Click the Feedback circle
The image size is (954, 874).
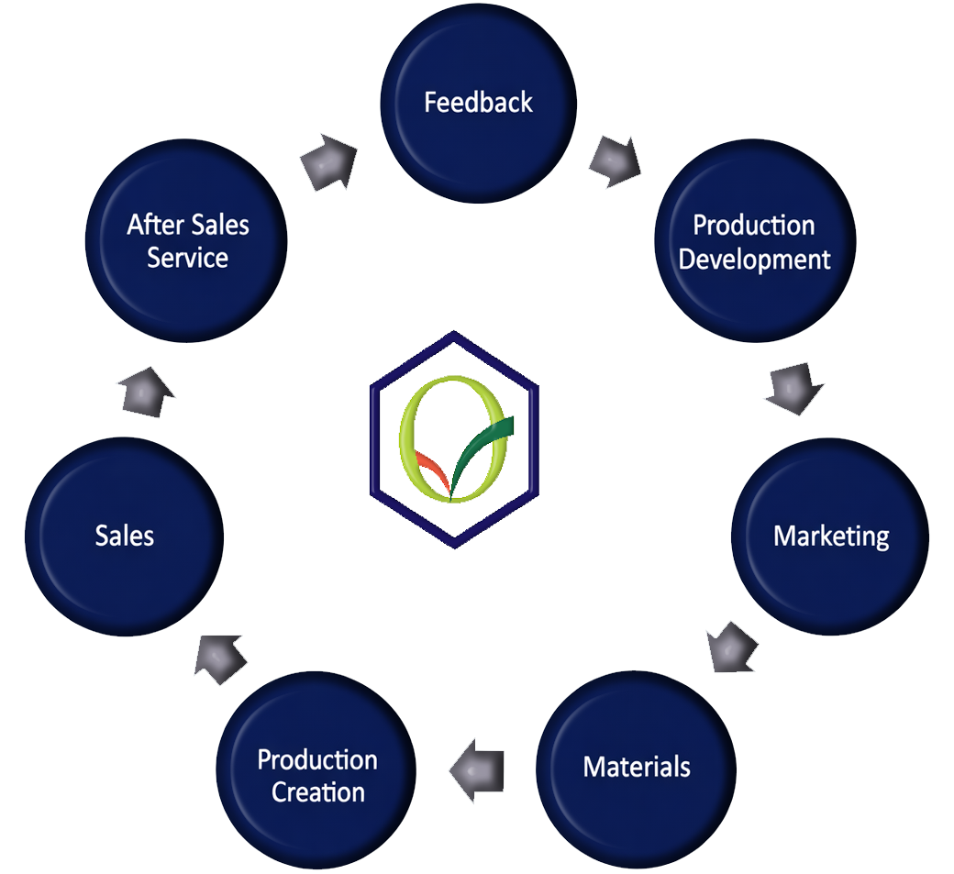click(478, 103)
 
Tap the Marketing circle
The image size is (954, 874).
click(831, 537)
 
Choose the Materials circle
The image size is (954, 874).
click(637, 767)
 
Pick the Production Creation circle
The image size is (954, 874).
click(317, 776)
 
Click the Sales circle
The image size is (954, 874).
click(125, 537)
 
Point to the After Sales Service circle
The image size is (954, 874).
click(188, 242)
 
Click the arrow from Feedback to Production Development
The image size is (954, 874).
click(615, 160)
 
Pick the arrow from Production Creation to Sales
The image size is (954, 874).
click(220, 653)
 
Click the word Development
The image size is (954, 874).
click(755, 260)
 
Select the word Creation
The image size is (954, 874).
click(318, 792)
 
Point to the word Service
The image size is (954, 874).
click(188, 259)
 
